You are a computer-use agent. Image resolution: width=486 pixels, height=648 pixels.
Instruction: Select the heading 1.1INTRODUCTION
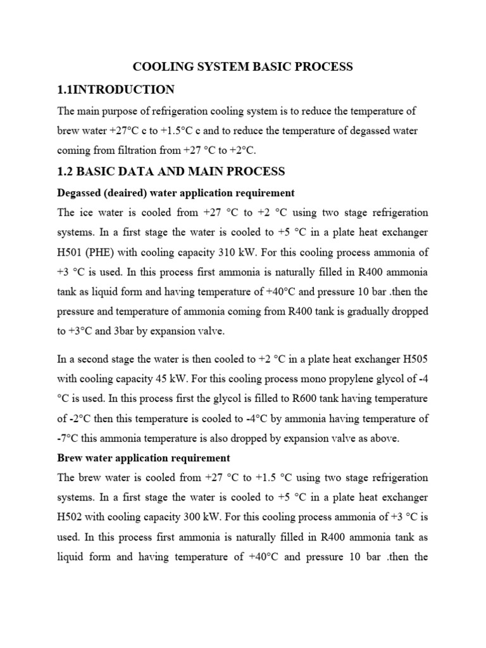(x=116, y=89)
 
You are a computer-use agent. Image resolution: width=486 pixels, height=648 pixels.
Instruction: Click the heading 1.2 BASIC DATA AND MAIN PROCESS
(x=171, y=171)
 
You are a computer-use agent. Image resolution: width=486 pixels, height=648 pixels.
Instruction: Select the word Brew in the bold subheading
(x=71, y=458)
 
